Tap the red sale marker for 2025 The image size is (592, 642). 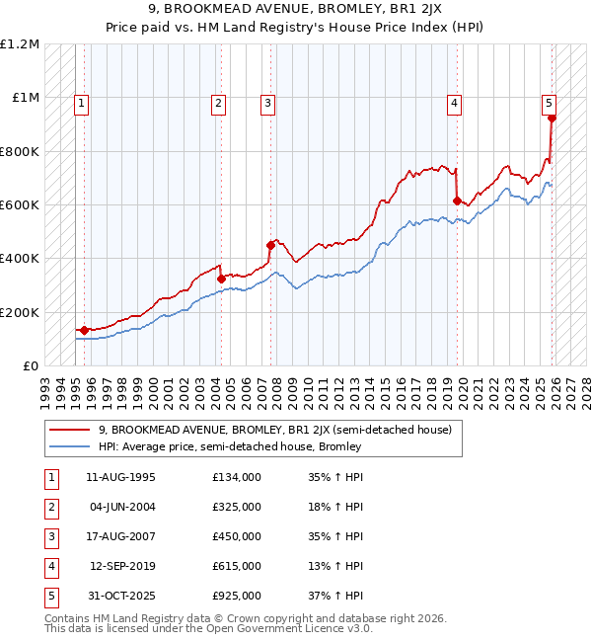(x=552, y=119)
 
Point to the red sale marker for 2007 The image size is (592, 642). (x=269, y=245)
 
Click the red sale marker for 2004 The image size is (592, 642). (x=221, y=279)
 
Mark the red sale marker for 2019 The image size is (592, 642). (x=457, y=201)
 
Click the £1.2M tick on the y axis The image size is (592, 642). (x=20, y=44)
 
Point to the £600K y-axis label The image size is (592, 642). (x=20, y=205)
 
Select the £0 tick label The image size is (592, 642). (x=30, y=365)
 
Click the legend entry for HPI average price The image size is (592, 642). (x=230, y=446)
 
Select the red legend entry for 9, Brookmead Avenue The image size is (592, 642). (x=274, y=430)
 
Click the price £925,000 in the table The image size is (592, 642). (x=236, y=596)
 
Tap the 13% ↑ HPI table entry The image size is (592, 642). (x=334, y=566)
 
